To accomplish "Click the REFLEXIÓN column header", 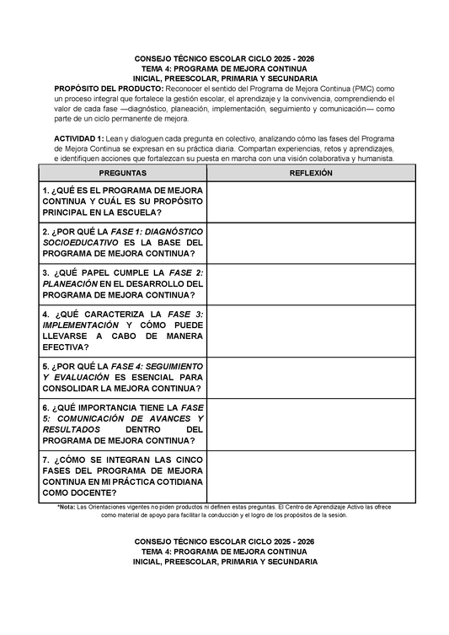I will [x=311, y=173].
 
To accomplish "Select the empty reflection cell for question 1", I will [x=311, y=202].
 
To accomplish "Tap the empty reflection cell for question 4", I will [x=311, y=331].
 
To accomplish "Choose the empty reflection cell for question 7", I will [x=311, y=476].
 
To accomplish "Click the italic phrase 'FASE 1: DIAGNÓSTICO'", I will [x=160, y=230].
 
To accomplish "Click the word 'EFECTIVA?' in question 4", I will [x=66, y=346].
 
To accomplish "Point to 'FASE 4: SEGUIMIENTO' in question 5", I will [x=158, y=366].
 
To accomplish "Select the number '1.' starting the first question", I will [x=46, y=191].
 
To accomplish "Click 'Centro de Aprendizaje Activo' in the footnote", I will [x=327, y=506].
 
